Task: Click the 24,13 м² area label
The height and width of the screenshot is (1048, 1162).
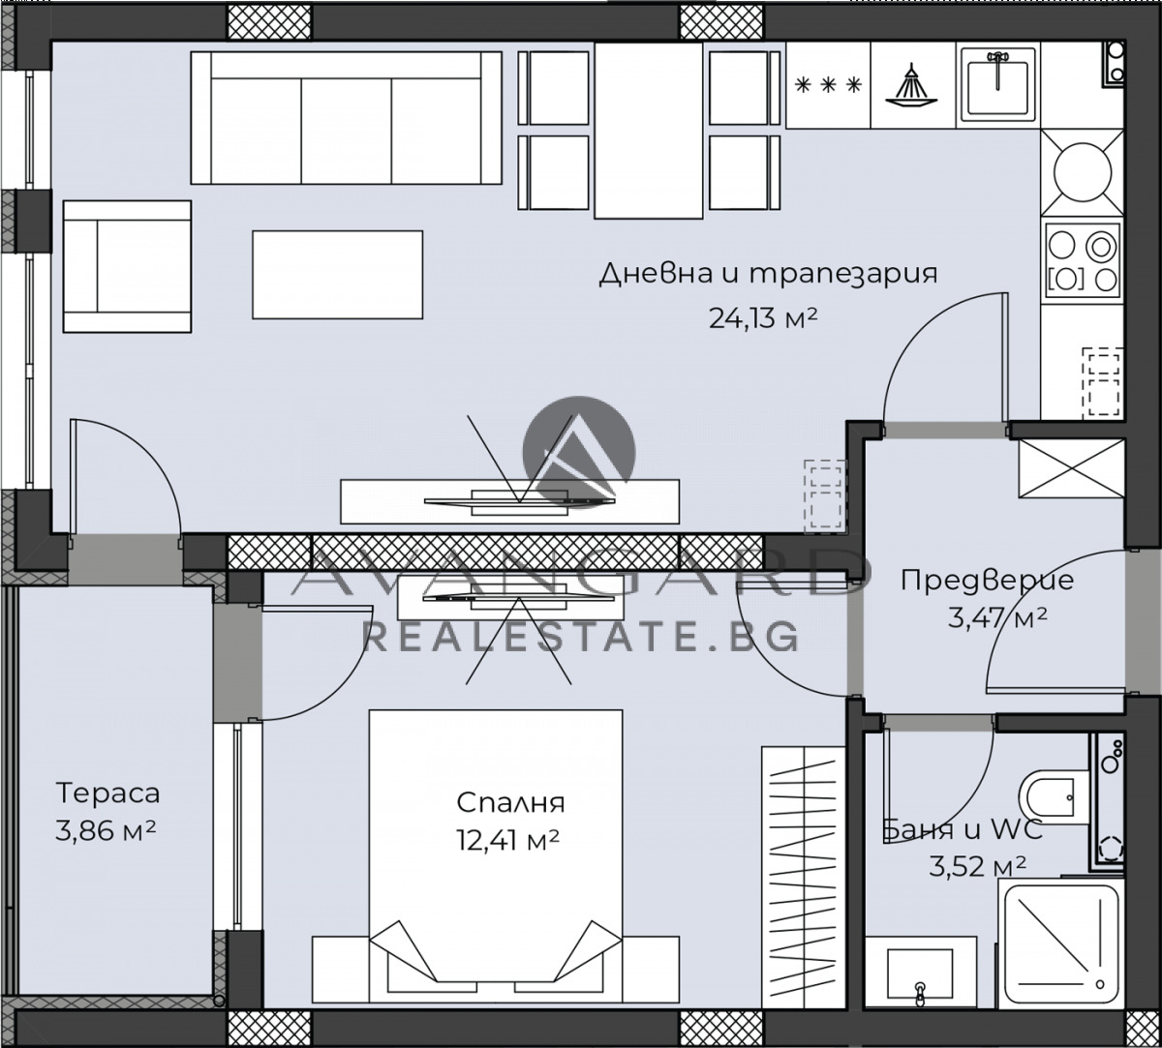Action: click(x=763, y=317)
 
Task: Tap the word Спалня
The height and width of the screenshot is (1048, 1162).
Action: click(x=510, y=802)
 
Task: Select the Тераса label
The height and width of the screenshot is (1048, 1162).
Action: click(x=107, y=793)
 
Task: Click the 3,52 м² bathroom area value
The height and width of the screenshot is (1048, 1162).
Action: click(x=977, y=867)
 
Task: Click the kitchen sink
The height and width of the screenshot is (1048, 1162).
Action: click(x=998, y=84)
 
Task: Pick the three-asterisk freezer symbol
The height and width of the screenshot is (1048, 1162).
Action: click(x=828, y=86)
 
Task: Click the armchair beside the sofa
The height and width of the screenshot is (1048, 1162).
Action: click(x=127, y=266)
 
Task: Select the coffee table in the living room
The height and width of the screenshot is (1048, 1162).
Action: click(x=337, y=275)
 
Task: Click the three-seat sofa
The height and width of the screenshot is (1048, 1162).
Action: click(x=346, y=118)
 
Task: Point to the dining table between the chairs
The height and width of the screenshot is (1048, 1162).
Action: click(x=649, y=131)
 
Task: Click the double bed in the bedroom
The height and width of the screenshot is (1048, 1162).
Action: click(x=496, y=857)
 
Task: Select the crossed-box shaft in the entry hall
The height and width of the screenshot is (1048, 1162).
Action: click(x=1072, y=467)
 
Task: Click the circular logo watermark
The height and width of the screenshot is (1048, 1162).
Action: click(x=579, y=453)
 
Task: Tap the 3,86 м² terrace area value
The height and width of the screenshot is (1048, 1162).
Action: click(x=106, y=831)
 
